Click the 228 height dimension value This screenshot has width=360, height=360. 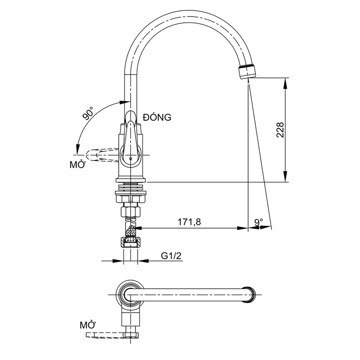tap(280, 130)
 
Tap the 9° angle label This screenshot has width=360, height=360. tap(258, 222)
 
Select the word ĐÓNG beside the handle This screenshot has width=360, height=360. tap(157, 117)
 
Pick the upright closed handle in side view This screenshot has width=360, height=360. tap(130, 131)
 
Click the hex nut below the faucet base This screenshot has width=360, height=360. tap(130, 213)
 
